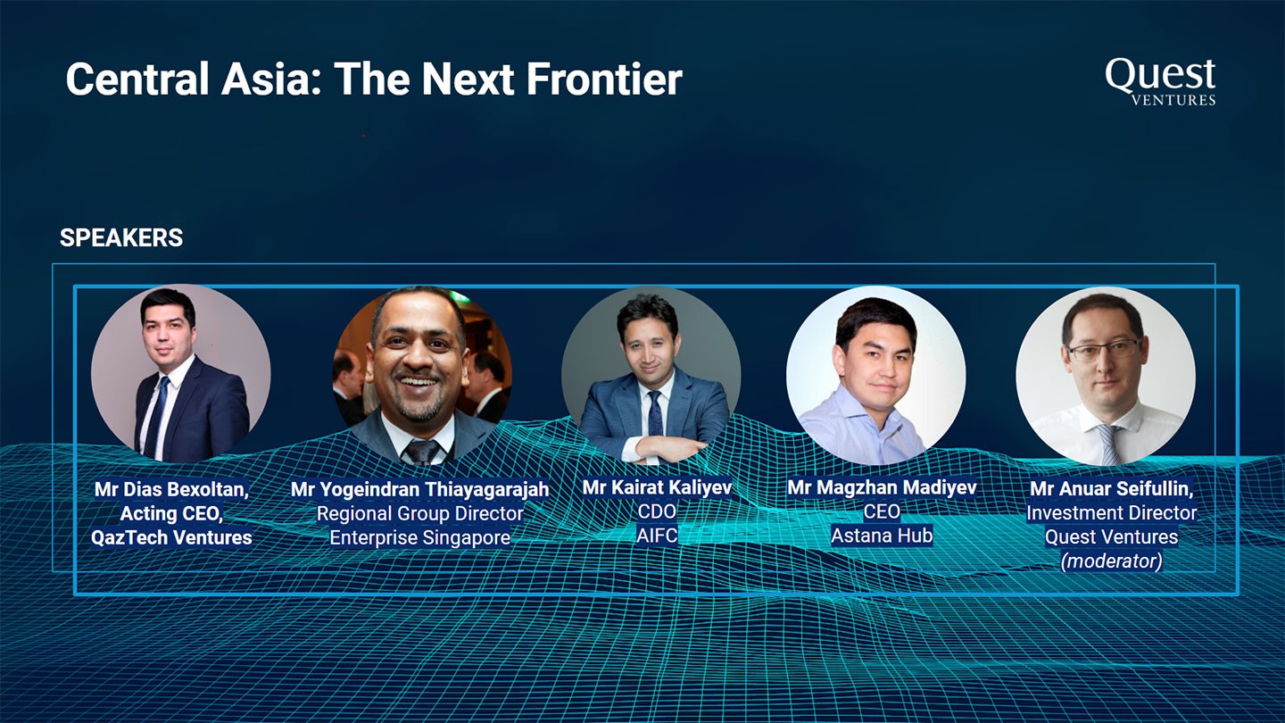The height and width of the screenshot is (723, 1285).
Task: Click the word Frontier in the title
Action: (605, 79)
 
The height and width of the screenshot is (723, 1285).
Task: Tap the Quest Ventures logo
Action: (1160, 81)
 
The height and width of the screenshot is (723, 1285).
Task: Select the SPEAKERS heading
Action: (121, 237)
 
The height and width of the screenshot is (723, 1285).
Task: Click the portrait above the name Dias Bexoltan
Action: (180, 373)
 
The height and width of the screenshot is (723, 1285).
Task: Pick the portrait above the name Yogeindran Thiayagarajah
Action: (422, 376)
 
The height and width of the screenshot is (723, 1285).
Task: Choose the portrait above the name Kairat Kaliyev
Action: (651, 376)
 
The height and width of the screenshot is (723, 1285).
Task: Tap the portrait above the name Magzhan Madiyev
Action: (876, 375)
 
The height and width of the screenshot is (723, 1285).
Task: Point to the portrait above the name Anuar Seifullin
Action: (1106, 376)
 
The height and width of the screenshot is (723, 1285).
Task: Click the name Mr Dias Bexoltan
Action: (171, 489)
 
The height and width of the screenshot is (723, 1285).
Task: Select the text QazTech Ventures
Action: (171, 537)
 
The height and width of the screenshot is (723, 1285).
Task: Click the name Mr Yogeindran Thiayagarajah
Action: (420, 489)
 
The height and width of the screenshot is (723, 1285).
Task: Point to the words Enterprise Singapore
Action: (420, 537)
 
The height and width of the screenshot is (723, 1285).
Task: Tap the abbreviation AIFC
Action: (657, 536)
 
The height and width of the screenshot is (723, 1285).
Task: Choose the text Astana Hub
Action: (882, 536)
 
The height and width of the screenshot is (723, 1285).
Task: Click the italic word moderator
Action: (1112, 561)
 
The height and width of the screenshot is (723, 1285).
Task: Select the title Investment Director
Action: (1112, 512)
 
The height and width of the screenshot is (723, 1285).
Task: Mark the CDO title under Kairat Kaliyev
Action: (657, 511)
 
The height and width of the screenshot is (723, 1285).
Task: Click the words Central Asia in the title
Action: (195, 79)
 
